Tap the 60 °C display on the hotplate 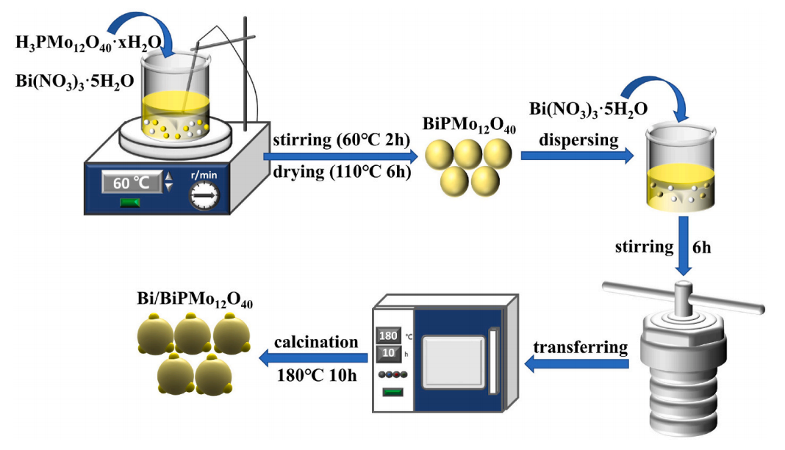[131, 183]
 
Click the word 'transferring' [581, 346]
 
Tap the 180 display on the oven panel [387, 336]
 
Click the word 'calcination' [316, 342]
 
